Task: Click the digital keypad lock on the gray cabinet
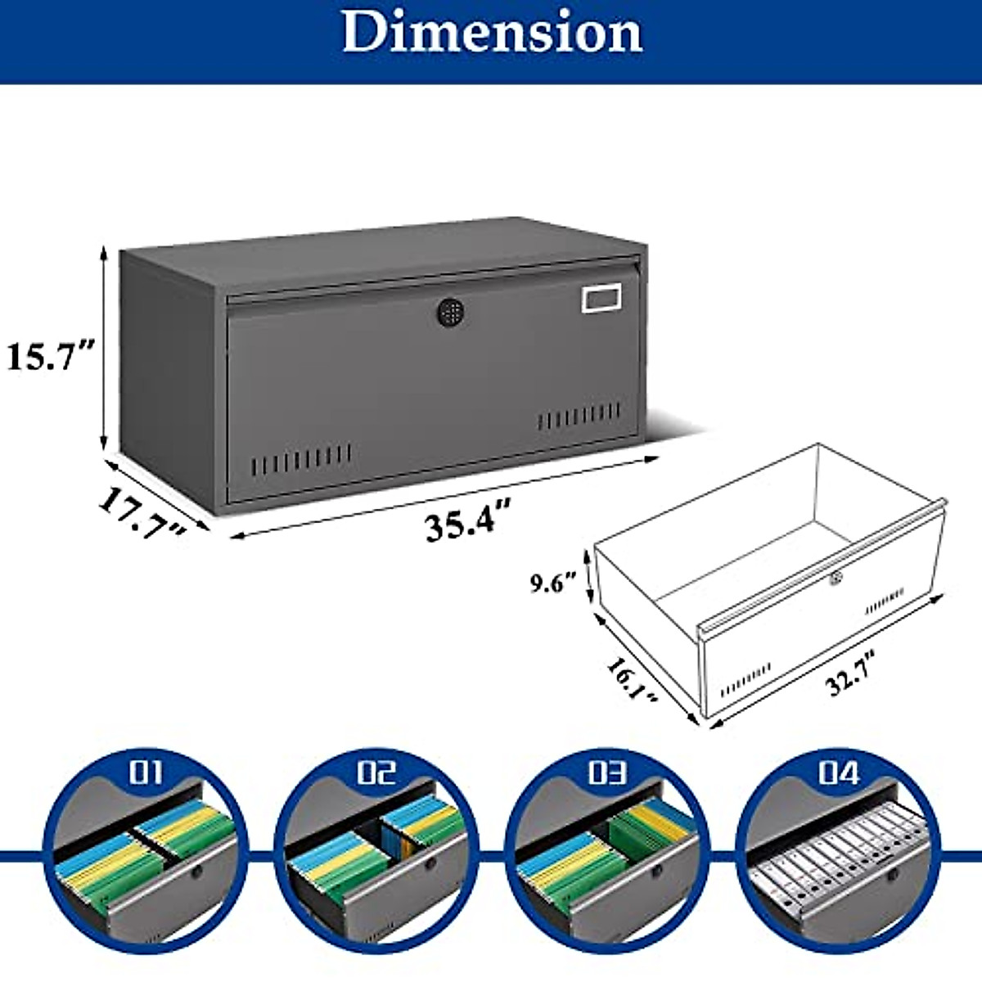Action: coord(448,312)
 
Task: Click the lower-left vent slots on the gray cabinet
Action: coord(301,460)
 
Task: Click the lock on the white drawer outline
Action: coord(834,579)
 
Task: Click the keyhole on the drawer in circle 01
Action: coord(197,873)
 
